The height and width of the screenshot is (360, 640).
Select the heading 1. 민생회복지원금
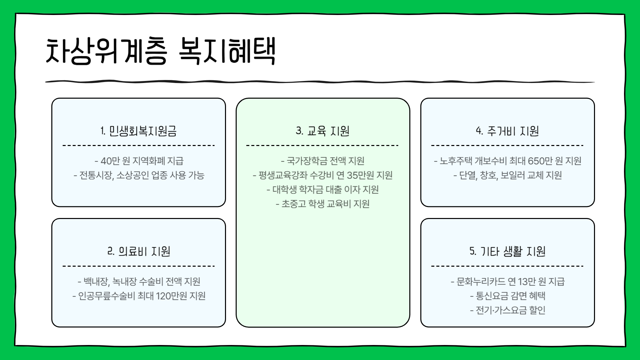click(139, 131)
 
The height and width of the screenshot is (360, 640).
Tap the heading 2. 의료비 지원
click(139, 251)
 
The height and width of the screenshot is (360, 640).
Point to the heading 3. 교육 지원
click(323, 131)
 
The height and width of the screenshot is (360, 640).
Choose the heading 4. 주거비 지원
click(507, 131)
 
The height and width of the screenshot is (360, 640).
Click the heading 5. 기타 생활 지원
click(507, 251)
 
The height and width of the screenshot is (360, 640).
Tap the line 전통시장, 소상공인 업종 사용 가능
click(139, 175)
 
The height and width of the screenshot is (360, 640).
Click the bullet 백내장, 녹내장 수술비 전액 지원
click(139, 282)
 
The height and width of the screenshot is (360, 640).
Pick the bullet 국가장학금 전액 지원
click(323, 161)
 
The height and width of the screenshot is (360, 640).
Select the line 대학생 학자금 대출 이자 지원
click(323, 190)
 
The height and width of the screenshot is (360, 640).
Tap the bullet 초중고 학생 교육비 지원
click(323, 204)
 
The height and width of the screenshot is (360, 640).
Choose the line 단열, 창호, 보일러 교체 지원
click(508, 175)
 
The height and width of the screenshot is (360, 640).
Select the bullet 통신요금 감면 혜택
click(508, 296)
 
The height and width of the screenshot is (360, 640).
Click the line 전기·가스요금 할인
click(508, 310)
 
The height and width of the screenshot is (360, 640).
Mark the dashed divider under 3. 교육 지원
click(323, 146)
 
